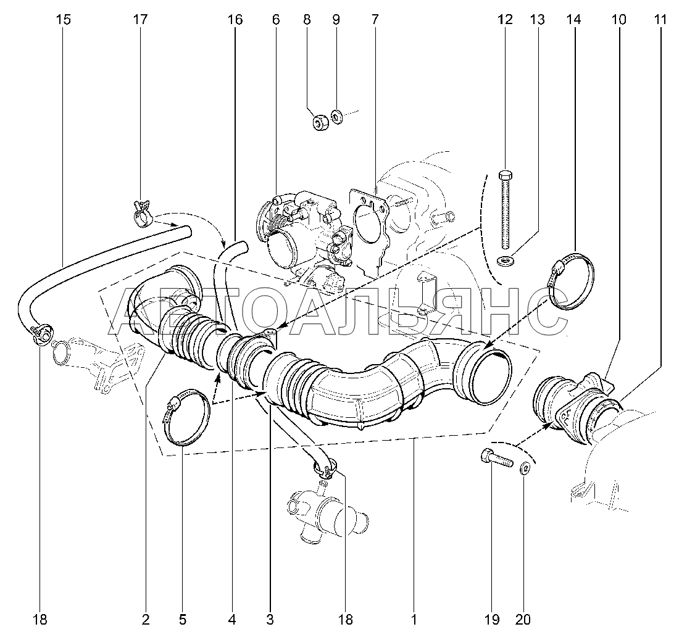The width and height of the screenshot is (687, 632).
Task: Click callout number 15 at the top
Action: [x=63, y=20]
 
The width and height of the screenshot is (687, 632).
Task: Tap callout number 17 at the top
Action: [x=140, y=20]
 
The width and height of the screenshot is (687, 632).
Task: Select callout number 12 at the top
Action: [x=505, y=20]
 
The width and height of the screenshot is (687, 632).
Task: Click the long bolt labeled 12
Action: [x=505, y=209]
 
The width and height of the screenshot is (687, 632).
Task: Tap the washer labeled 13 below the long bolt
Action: [x=506, y=262]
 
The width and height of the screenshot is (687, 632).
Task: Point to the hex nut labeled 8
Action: [x=321, y=122]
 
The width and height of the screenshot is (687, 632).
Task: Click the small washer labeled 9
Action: [x=336, y=117]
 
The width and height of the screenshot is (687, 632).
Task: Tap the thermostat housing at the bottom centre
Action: [x=328, y=512]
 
